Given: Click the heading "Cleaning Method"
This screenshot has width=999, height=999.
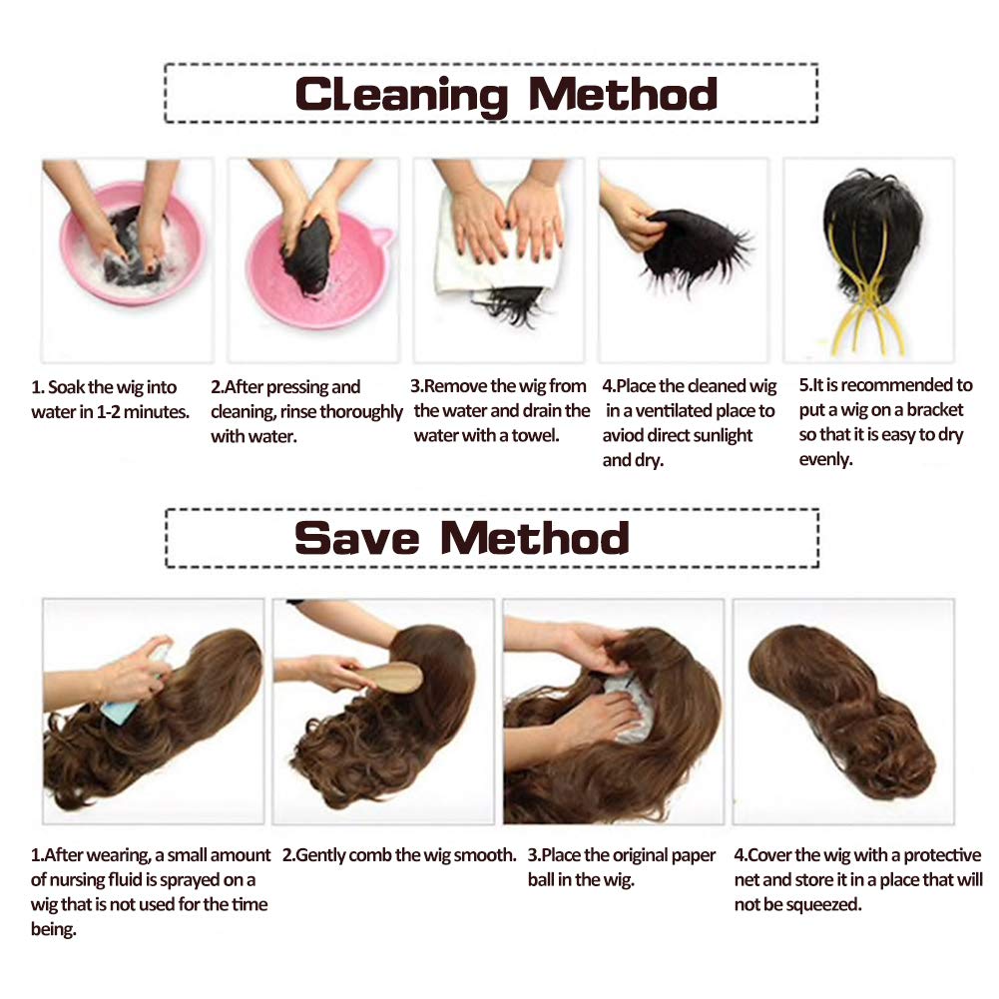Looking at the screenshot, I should (506, 95).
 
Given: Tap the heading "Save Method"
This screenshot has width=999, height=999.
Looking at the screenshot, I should (462, 538).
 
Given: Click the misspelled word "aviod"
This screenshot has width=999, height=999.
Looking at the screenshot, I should (624, 436).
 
